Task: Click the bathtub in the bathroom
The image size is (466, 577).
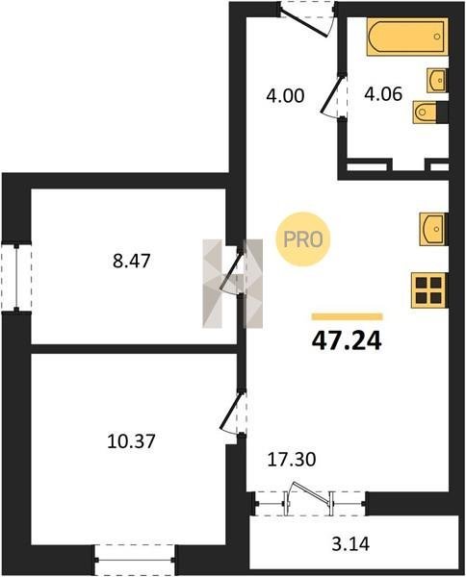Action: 407,37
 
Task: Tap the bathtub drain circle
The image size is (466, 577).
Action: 437,37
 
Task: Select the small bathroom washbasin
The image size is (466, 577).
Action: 436,80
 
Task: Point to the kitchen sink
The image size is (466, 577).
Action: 433,229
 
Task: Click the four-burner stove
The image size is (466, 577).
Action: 429,290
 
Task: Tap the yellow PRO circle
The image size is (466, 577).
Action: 303,239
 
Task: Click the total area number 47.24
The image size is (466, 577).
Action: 347,341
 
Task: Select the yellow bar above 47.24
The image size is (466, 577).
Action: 347,316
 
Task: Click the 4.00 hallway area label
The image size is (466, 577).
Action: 285,95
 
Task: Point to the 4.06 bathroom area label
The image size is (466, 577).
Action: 383,94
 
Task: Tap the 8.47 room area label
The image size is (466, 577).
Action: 132,261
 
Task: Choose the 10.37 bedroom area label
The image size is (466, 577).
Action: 131,440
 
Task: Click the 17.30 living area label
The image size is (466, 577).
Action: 292,460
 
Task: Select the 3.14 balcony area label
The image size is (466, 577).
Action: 350,544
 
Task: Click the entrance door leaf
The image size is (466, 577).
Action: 304,25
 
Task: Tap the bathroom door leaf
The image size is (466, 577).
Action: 332,93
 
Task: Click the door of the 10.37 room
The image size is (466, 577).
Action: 231,411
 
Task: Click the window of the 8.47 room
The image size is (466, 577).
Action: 16,278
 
